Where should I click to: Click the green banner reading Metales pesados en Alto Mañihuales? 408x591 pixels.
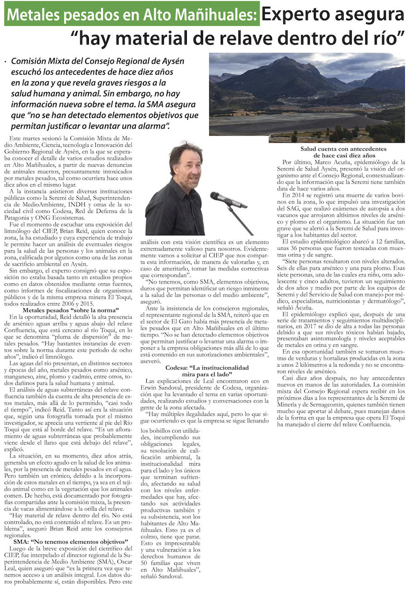(x=132, y=15)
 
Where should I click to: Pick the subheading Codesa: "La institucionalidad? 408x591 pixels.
(x=207, y=368)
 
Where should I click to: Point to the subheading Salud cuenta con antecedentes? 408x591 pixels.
(x=343, y=149)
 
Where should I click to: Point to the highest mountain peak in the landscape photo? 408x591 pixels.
(x=286, y=58)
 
